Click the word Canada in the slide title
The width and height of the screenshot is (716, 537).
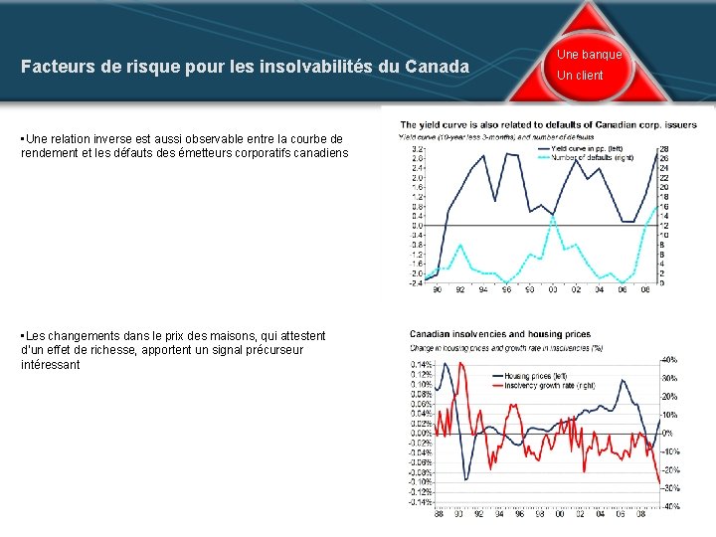437,68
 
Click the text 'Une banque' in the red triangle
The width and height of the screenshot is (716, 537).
589,55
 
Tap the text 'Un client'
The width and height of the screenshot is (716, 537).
580,76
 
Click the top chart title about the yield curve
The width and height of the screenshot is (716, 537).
548,124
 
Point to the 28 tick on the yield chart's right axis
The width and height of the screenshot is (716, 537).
663,148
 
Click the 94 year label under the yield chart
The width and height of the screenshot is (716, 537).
482,290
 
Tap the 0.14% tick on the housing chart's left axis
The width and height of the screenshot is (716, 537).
422,364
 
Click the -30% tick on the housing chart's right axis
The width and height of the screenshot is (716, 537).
670,488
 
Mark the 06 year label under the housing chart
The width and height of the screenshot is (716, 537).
623,514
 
